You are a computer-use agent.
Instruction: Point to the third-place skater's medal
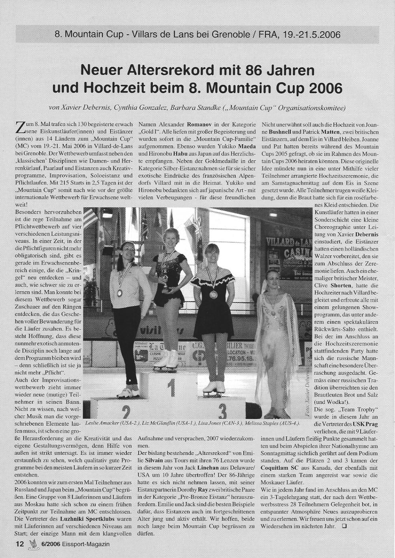[213, 294]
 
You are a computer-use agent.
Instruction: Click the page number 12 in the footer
[20, 544]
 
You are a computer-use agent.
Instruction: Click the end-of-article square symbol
[345, 526]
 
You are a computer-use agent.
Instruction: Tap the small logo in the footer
[33, 544]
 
